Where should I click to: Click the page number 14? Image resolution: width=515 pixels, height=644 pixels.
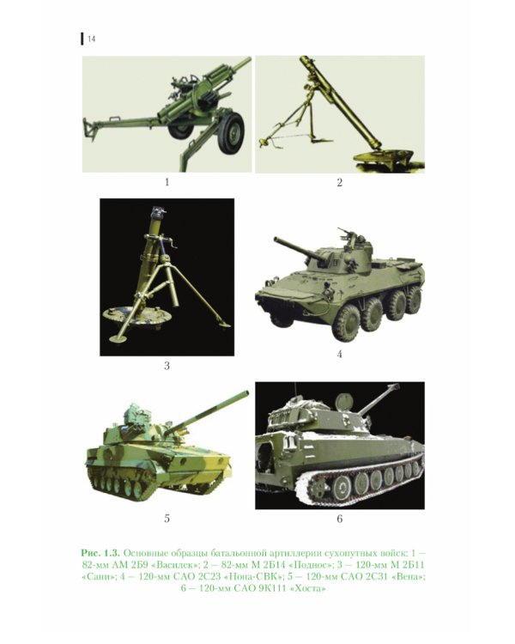(92, 39)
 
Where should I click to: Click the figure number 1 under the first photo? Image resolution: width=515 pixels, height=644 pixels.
(167, 181)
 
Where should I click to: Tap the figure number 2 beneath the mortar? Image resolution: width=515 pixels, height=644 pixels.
(339, 182)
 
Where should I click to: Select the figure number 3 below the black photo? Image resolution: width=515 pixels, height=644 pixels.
(167, 365)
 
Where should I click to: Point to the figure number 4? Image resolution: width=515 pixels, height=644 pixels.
(339, 354)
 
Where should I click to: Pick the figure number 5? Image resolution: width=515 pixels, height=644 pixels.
(167, 519)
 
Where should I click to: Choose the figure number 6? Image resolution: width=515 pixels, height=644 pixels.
(339, 519)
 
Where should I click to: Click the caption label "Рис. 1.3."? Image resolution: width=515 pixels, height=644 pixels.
(100, 552)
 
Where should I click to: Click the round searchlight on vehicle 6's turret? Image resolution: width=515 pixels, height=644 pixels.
(343, 400)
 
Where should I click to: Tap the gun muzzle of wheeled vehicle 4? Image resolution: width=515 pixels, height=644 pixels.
(276, 239)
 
